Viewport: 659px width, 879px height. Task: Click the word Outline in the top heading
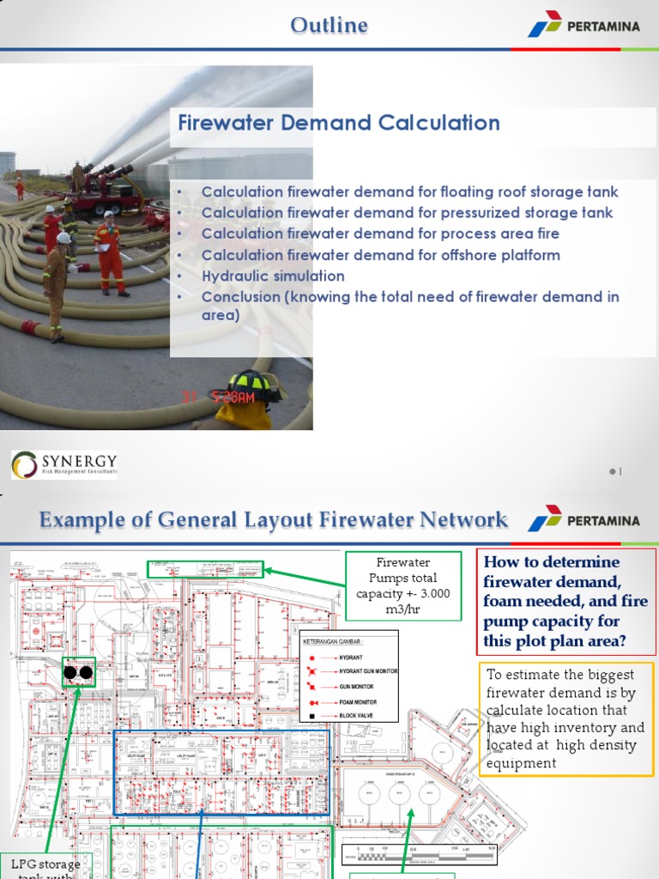tap(329, 26)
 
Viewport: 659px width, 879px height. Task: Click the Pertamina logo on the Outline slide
tap(583, 25)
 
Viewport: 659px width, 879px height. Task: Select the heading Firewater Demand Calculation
tap(338, 123)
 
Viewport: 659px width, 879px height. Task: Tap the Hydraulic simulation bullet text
tap(273, 276)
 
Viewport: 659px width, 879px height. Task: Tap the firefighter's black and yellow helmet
tap(254, 385)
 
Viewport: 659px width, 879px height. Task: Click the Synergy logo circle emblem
tap(24, 464)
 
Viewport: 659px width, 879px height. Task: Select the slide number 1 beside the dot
tap(620, 471)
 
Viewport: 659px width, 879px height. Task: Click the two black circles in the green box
tap(78, 672)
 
